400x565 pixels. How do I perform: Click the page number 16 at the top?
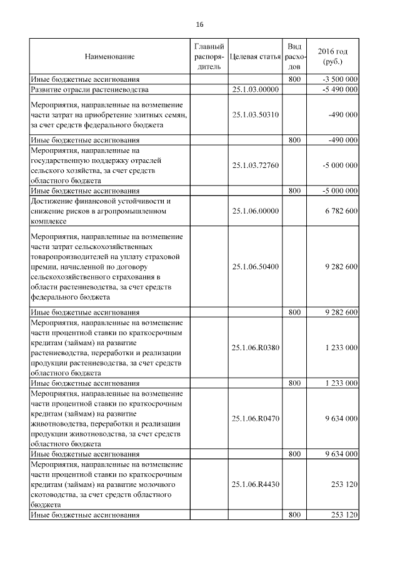pos(199,24)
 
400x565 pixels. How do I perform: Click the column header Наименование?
pos(109,57)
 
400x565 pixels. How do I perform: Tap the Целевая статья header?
pos(255,57)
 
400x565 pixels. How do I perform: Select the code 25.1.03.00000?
pos(255,90)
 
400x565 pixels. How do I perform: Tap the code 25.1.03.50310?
pos(255,115)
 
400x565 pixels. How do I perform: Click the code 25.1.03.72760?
pos(255,165)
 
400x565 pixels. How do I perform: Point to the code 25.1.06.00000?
pos(255,212)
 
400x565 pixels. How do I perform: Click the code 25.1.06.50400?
pos(255,267)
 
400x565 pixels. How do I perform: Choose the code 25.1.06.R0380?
pos(255,347)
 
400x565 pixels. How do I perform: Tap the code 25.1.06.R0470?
pos(255,418)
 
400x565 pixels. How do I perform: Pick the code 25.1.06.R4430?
pos(255,484)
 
